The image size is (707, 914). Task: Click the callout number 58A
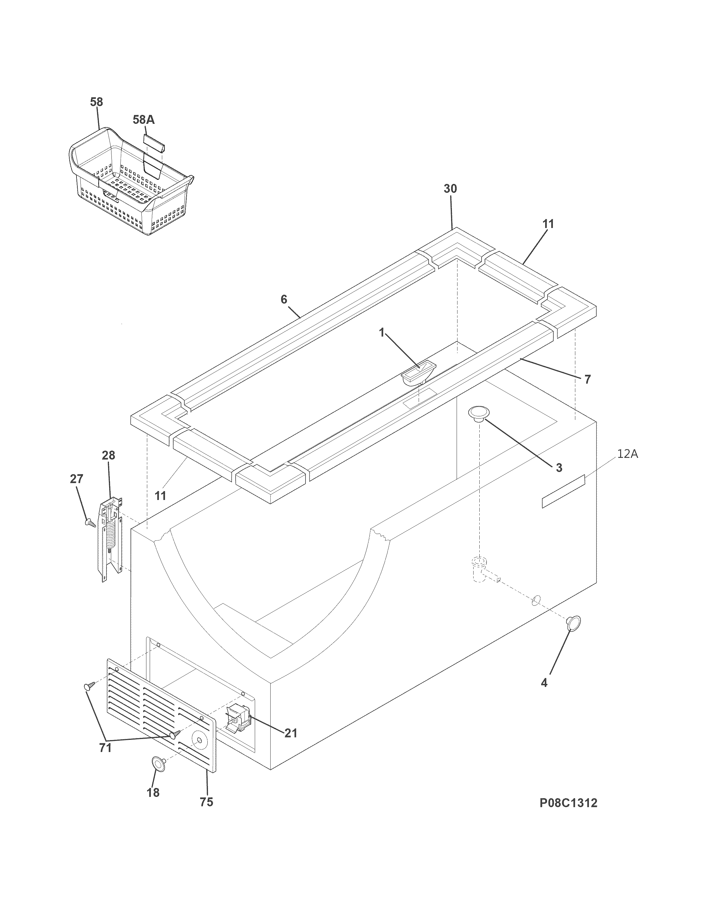coord(143,120)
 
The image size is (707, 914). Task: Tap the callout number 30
coord(450,189)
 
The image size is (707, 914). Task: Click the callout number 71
coord(105,748)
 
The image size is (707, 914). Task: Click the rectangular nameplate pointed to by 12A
coord(563,492)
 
